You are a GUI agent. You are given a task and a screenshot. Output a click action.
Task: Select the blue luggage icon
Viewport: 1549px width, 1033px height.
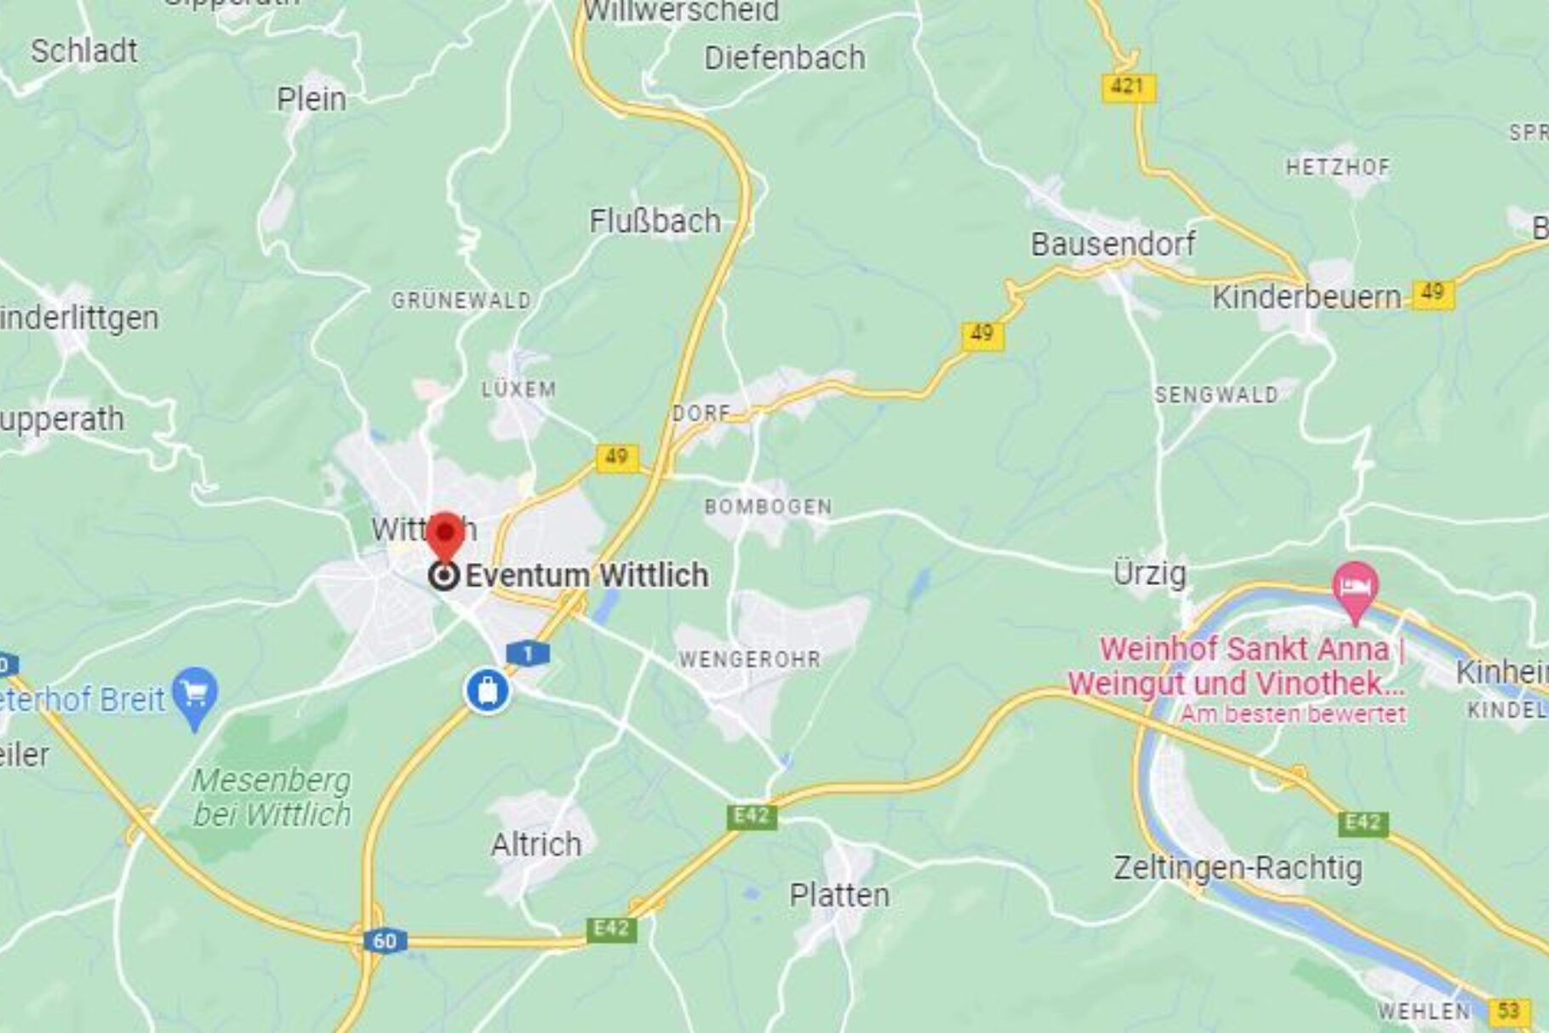pyautogui.click(x=488, y=690)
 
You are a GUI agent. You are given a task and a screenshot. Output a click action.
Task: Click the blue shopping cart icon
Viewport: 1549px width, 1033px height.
pyautogui.click(x=195, y=694)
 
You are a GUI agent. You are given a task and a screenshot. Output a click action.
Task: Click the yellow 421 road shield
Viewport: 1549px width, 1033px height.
pyautogui.click(x=1129, y=87)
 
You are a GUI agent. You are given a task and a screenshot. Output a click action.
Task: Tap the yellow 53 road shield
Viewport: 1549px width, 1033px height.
pyautogui.click(x=1507, y=1012)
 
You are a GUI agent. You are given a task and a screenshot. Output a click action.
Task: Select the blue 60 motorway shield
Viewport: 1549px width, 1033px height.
pyautogui.click(x=384, y=941)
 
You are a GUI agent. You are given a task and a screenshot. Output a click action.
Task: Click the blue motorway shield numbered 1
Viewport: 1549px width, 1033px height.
pyautogui.click(x=528, y=654)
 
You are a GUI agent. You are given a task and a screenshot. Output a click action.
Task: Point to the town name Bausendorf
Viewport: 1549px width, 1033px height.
pyautogui.click(x=1112, y=244)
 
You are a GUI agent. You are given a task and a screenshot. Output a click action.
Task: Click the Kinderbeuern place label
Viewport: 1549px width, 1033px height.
pyautogui.click(x=1306, y=297)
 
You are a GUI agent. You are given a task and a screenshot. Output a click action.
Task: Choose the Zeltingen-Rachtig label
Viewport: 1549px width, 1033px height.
pyautogui.click(x=1237, y=868)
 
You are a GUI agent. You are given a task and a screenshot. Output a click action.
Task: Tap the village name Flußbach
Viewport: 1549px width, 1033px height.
pyautogui.click(x=654, y=221)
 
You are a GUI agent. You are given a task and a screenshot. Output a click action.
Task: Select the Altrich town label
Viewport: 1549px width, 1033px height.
pyautogui.click(x=536, y=845)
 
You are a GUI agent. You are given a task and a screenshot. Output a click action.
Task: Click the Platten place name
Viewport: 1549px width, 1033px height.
pyautogui.click(x=839, y=895)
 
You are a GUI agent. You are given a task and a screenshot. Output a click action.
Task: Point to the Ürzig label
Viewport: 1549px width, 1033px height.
pyautogui.click(x=1149, y=574)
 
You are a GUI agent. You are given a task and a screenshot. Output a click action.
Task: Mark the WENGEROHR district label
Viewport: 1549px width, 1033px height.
pyautogui.click(x=749, y=659)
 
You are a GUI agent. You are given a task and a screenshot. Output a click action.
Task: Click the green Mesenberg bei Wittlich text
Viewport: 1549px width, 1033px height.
pyautogui.click(x=271, y=797)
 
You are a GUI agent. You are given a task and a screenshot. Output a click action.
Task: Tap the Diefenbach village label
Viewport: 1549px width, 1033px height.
pyautogui.click(x=784, y=58)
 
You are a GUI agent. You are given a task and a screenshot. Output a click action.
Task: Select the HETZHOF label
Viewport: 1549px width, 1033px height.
pyautogui.click(x=1337, y=167)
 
